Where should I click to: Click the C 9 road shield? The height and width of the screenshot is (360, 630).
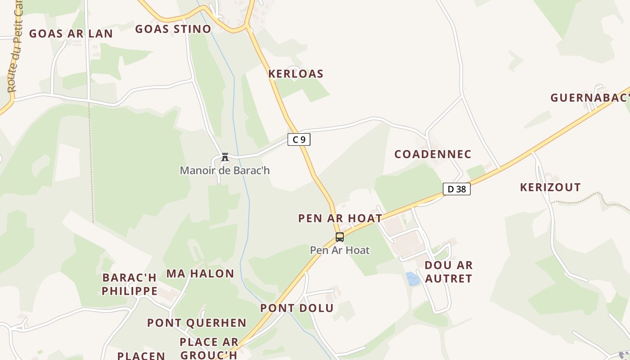299,139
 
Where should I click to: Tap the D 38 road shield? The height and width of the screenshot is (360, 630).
456,189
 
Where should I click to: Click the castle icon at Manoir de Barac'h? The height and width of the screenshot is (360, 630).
225,157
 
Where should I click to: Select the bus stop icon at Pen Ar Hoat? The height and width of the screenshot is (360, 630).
340,237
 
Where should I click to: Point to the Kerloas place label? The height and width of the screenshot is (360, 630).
296,74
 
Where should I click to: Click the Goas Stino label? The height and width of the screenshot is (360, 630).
173,29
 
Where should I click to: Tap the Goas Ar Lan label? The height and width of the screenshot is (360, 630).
71,34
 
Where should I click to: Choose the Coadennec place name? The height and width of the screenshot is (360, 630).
432,154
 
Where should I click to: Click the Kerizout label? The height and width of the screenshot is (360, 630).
550,187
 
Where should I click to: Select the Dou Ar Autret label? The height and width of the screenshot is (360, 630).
448,272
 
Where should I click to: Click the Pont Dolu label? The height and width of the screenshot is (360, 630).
297,308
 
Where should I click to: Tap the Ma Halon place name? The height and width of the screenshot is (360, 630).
200,274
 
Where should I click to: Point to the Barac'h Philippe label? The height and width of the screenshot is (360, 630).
129,284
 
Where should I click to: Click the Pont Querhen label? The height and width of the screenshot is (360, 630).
197,323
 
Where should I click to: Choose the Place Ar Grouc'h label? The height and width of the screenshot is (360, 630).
208,348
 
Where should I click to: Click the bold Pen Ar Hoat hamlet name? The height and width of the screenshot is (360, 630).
340,218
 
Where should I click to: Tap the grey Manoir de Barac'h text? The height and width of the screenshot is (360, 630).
225,171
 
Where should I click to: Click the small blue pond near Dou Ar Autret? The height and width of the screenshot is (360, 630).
412,279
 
